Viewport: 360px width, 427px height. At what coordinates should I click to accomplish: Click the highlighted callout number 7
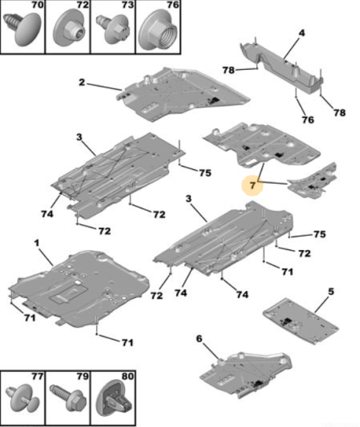[253, 186]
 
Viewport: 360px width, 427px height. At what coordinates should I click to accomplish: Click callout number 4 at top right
[302, 33]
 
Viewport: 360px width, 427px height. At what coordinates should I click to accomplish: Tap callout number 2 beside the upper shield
[81, 82]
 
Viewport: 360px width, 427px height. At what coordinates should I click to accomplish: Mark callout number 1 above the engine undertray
[37, 243]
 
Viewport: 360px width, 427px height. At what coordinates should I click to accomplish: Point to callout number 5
[331, 291]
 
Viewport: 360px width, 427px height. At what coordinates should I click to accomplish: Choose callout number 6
[199, 338]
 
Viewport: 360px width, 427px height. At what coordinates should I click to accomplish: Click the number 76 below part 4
[308, 120]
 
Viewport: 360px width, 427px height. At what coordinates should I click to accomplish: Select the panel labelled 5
[301, 321]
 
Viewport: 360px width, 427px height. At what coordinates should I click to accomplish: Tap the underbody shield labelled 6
[246, 374]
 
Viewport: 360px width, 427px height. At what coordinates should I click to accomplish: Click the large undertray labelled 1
[79, 289]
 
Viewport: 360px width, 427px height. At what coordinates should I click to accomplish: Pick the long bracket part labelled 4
[282, 68]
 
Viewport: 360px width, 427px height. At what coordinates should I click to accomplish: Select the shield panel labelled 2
[182, 94]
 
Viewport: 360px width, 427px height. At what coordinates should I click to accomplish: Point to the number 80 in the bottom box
[127, 377]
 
